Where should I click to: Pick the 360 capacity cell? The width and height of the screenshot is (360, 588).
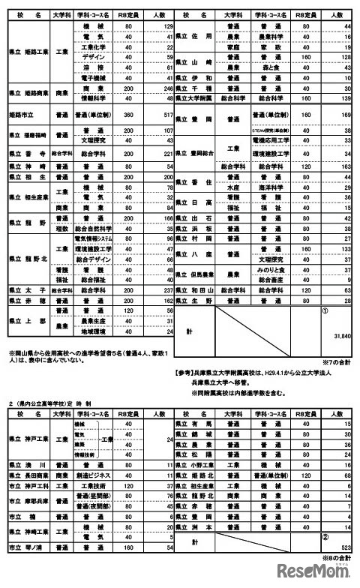(129, 115)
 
